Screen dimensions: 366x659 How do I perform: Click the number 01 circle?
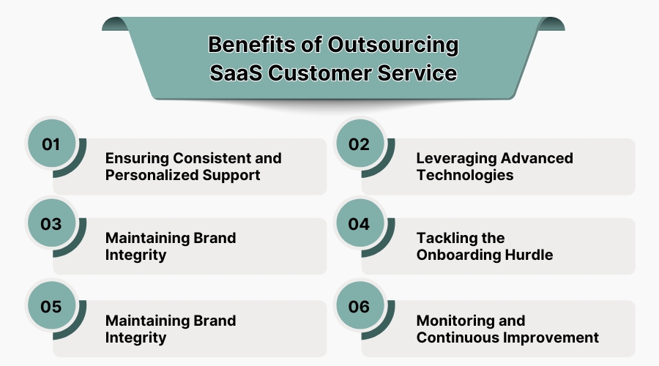tap(51, 144)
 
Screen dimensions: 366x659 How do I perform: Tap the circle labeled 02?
tap(360, 144)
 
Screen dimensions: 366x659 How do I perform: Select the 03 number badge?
tap(51, 224)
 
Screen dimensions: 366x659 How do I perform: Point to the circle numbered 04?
tap(360, 224)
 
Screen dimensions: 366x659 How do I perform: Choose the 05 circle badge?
tap(51, 307)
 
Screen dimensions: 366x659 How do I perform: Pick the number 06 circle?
tap(360, 307)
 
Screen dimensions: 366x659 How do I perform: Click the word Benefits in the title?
tap(250, 45)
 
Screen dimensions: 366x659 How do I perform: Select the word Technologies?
tap(465, 175)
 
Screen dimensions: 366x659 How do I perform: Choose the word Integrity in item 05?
tap(136, 337)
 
